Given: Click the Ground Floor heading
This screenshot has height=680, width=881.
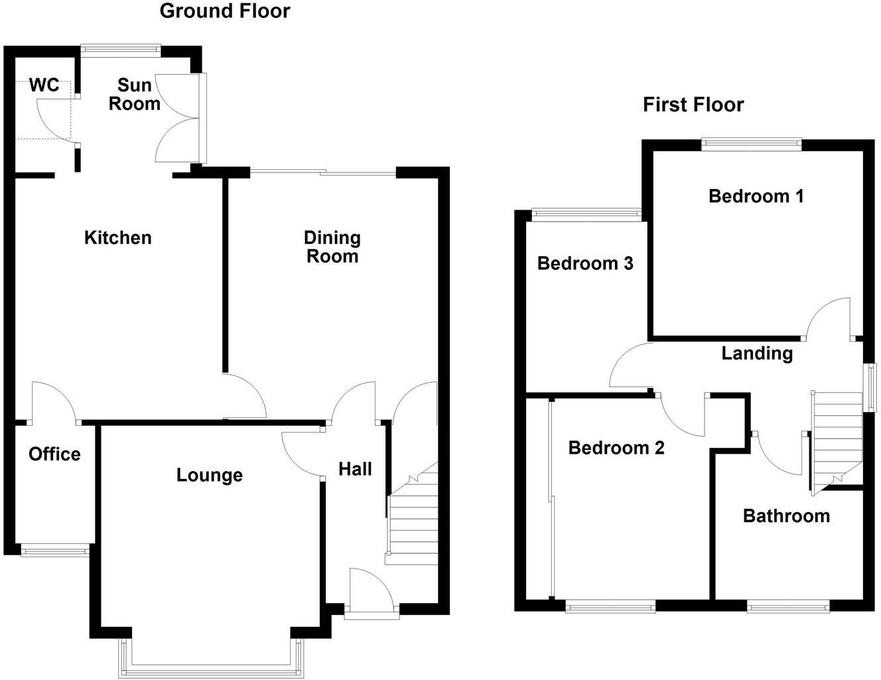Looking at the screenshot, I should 225,11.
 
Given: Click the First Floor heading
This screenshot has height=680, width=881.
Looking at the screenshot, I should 693,105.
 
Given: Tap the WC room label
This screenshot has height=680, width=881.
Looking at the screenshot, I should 44,86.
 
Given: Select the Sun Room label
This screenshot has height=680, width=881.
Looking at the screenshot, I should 135,95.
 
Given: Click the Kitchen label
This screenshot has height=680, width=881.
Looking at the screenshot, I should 118,238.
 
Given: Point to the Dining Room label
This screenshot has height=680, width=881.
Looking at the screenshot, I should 332,247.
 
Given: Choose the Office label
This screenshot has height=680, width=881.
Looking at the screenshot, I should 54,454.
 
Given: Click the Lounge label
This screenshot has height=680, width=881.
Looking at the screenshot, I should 210,475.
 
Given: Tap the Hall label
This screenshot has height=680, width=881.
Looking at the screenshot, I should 355,470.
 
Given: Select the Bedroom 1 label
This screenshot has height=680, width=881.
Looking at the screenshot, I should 756,196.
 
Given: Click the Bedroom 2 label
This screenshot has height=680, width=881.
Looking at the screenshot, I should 616,448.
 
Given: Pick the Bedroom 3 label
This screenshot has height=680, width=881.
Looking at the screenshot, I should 585,264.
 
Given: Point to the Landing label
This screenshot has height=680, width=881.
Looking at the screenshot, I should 757,353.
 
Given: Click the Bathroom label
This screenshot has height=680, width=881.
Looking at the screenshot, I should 786,516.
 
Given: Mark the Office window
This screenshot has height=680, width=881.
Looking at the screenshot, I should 54,550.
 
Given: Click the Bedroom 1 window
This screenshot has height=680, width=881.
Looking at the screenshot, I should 752,143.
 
